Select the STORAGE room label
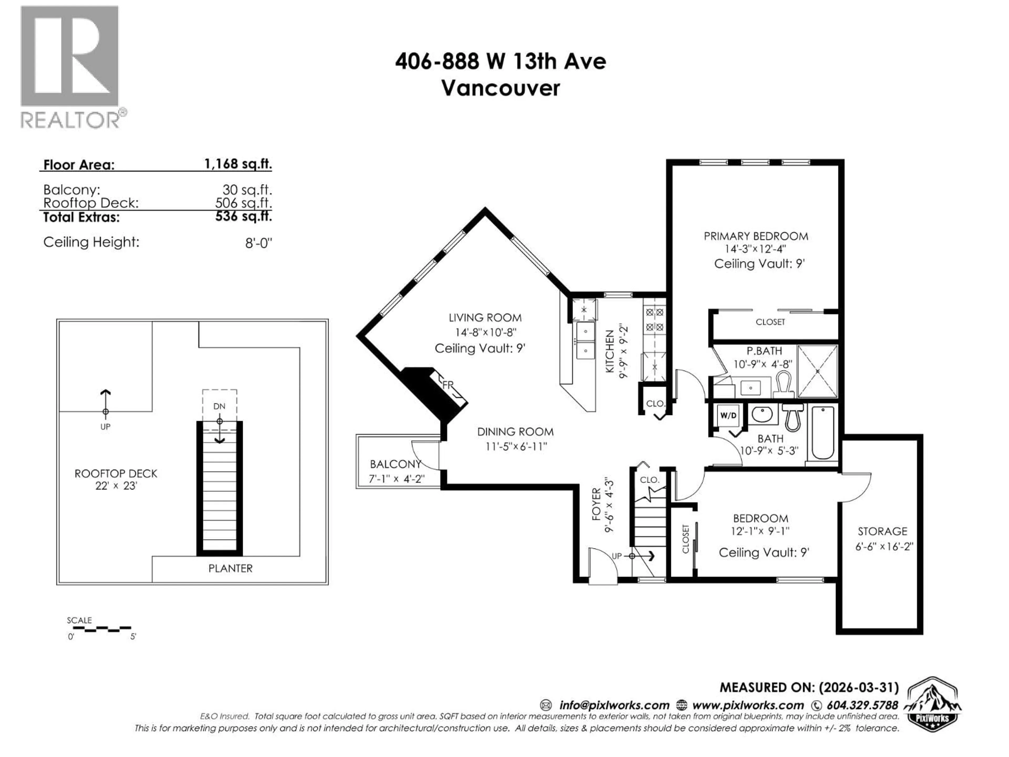[x=882, y=531]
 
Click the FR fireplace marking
[x=448, y=385]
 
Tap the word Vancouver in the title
[x=500, y=88]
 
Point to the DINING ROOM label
[x=515, y=432]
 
